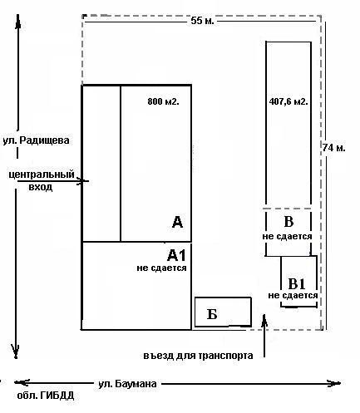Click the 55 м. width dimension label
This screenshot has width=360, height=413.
202,21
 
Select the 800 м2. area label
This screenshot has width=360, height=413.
163,101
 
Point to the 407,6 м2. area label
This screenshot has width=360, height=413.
288,101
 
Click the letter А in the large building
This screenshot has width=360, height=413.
177,222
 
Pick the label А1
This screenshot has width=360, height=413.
176,255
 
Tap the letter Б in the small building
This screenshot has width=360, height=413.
212,314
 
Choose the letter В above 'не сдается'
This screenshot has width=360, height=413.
288,222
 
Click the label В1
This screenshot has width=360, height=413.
297,283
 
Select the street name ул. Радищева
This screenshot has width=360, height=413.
36,140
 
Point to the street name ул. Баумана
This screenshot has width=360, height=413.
127,384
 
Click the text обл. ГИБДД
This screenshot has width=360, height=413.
46,396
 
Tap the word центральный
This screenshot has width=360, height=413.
42,175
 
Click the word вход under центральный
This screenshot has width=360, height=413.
41,187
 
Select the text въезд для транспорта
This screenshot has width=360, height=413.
198,356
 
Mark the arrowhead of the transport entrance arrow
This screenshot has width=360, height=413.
264,315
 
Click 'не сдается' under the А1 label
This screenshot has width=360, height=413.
161,268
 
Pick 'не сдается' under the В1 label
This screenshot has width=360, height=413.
293,295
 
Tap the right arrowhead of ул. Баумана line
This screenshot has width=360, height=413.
340,383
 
